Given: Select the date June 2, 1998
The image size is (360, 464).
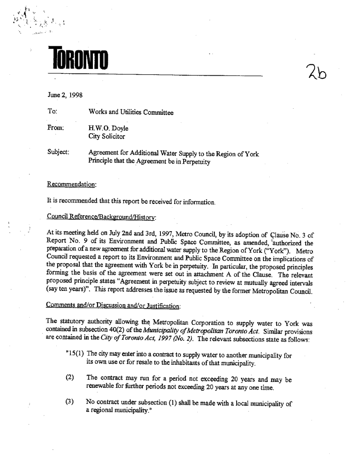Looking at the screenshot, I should [63, 95].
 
